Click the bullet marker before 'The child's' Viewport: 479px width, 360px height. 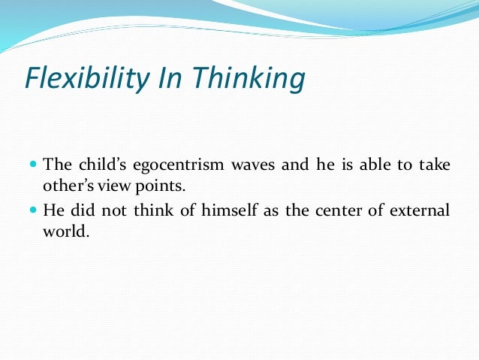tap(33, 163)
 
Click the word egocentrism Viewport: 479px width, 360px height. tap(178, 165)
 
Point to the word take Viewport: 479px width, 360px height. tap(435, 164)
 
